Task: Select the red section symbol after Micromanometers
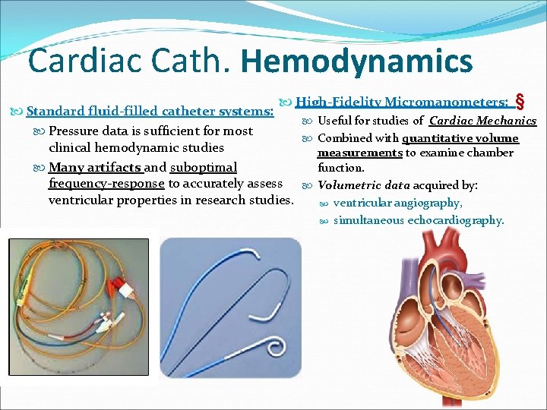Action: [x=520, y=101]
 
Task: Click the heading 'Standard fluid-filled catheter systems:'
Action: [x=150, y=112]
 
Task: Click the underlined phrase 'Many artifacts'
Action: [x=95, y=167]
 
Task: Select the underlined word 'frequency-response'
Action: [x=106, y=183]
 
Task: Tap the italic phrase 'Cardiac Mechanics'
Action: [x=482, y=121]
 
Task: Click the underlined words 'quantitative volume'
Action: [x=460, y=138]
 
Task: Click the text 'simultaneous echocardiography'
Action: [x=418, y=220]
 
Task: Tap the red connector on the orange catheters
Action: [x=121, y=289]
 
